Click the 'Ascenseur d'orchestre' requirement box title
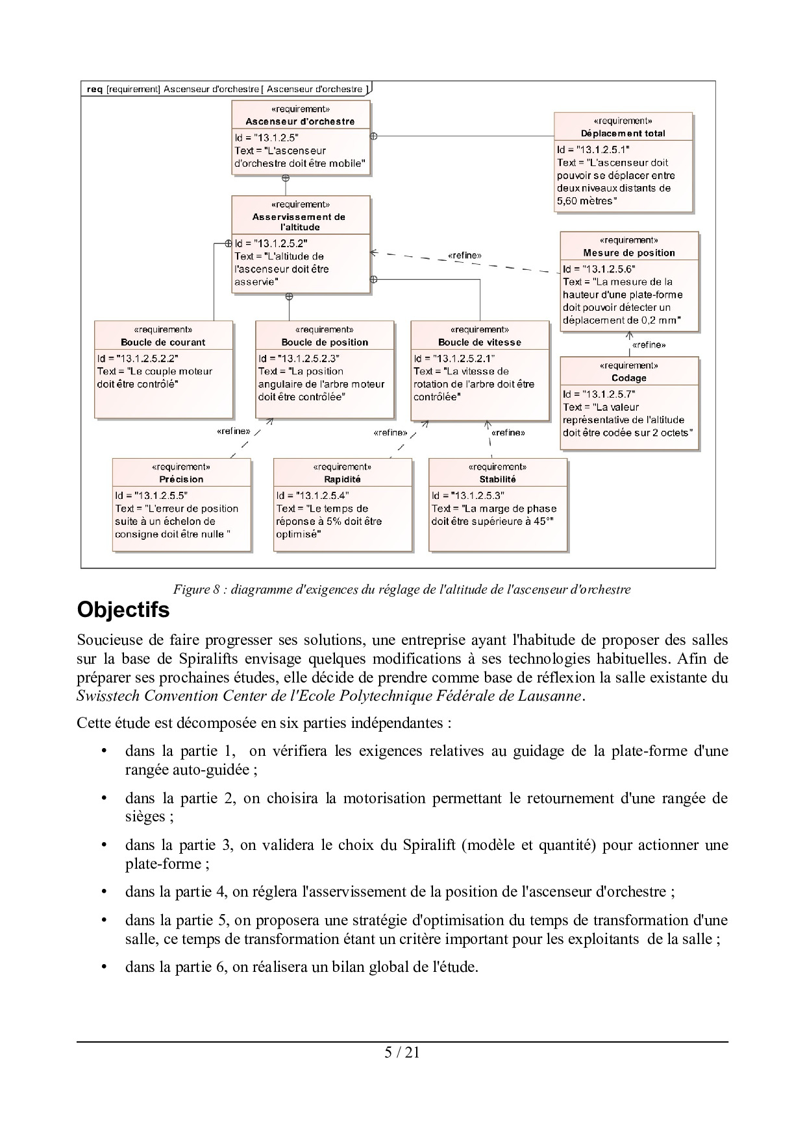tap(300, 121)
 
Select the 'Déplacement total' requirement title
tap(623, 134)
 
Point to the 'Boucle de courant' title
tap(163, 343)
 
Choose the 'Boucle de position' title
tap(325, 343)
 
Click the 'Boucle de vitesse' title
tap(479, 343)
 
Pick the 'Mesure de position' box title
tap(628, 253)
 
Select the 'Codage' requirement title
tap(628, 378)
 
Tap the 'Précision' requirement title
tap(181, 479)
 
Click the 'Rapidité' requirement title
tap(342, 479)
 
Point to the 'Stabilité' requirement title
tap(497, 479)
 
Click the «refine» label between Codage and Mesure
tap(649, 345)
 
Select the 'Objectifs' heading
tap(123, 611)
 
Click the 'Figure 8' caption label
tap(200, 590)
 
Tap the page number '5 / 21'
tap(402, 1052)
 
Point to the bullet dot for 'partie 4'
tap(103, 892)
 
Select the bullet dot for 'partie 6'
tap(103, 967)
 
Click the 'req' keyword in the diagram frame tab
tap(94, 89)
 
